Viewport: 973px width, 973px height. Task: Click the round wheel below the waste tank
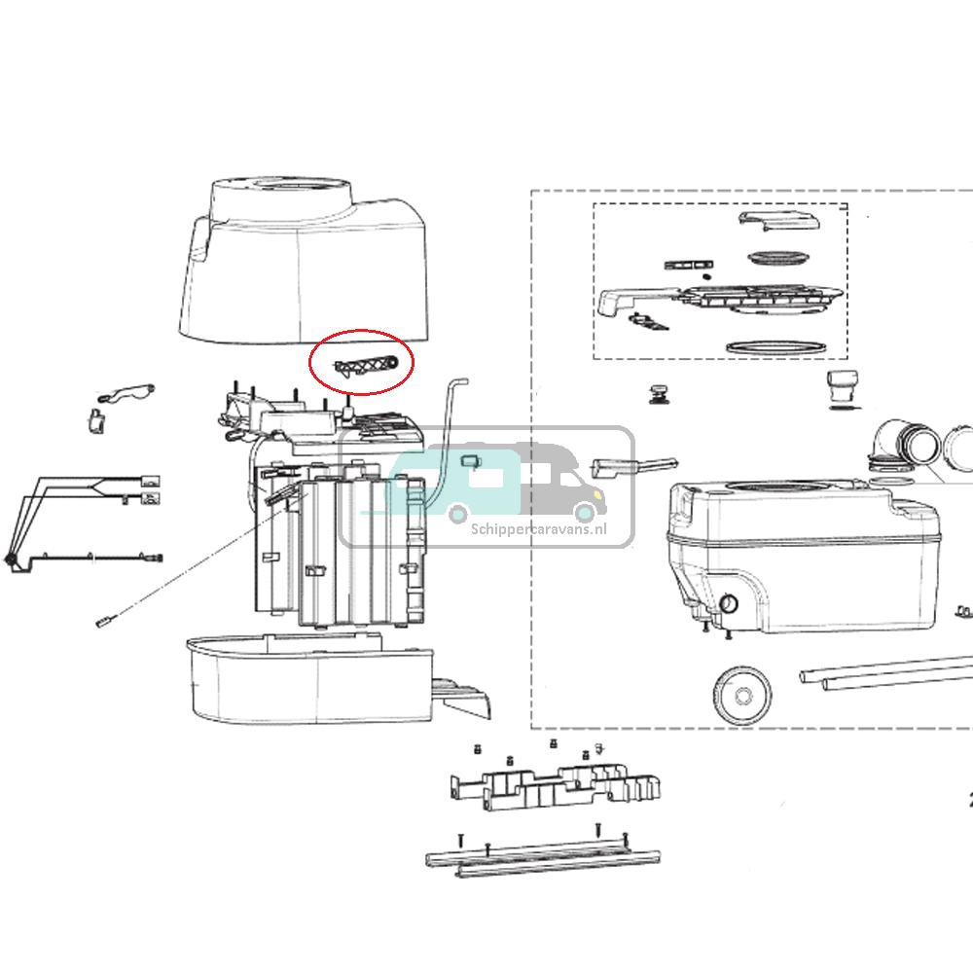(742, 695)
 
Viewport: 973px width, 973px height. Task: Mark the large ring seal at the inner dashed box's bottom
(775, 346)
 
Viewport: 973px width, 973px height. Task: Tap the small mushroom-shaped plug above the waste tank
(661, 393)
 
